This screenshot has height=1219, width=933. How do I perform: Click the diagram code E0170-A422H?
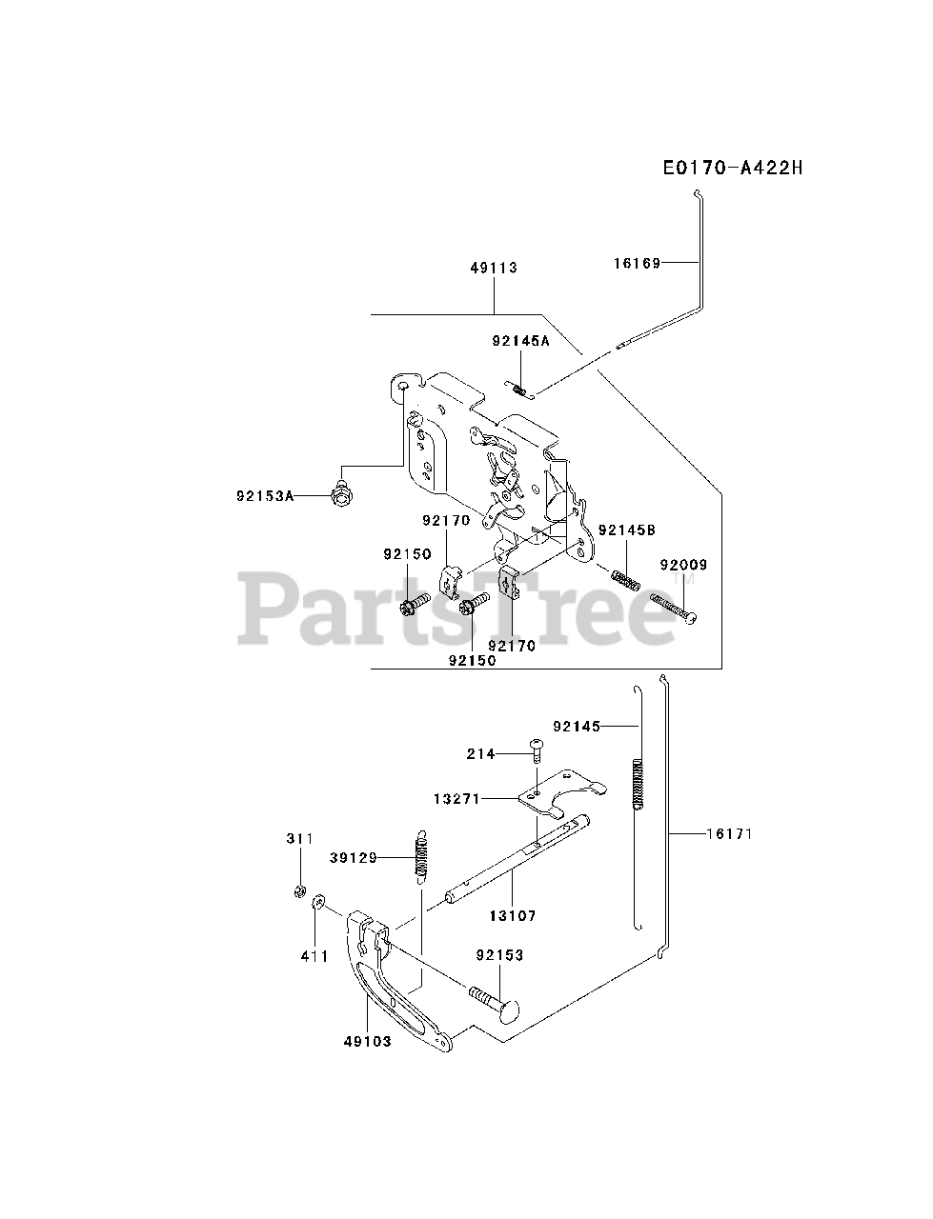[x=733, y=169]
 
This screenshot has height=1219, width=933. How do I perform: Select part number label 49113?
[x=494, y=268]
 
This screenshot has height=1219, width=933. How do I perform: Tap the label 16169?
[x=637, y=263]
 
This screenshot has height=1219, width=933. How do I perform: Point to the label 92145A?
[x=521, y=340]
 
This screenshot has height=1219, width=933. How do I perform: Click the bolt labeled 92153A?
[x=339, y=495]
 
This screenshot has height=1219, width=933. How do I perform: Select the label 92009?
[x=683, y=565]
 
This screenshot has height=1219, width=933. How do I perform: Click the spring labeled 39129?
[x=419, y=855]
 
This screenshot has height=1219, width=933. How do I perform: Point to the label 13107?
[x=513, y=915]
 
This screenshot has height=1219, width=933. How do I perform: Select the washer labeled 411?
[x=318, y=900]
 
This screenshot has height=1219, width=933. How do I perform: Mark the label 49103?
[x=367, y=1041]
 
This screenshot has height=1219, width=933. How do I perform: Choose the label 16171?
[x=729, y=834]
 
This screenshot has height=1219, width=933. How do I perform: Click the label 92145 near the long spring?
[x=577, y=727]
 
